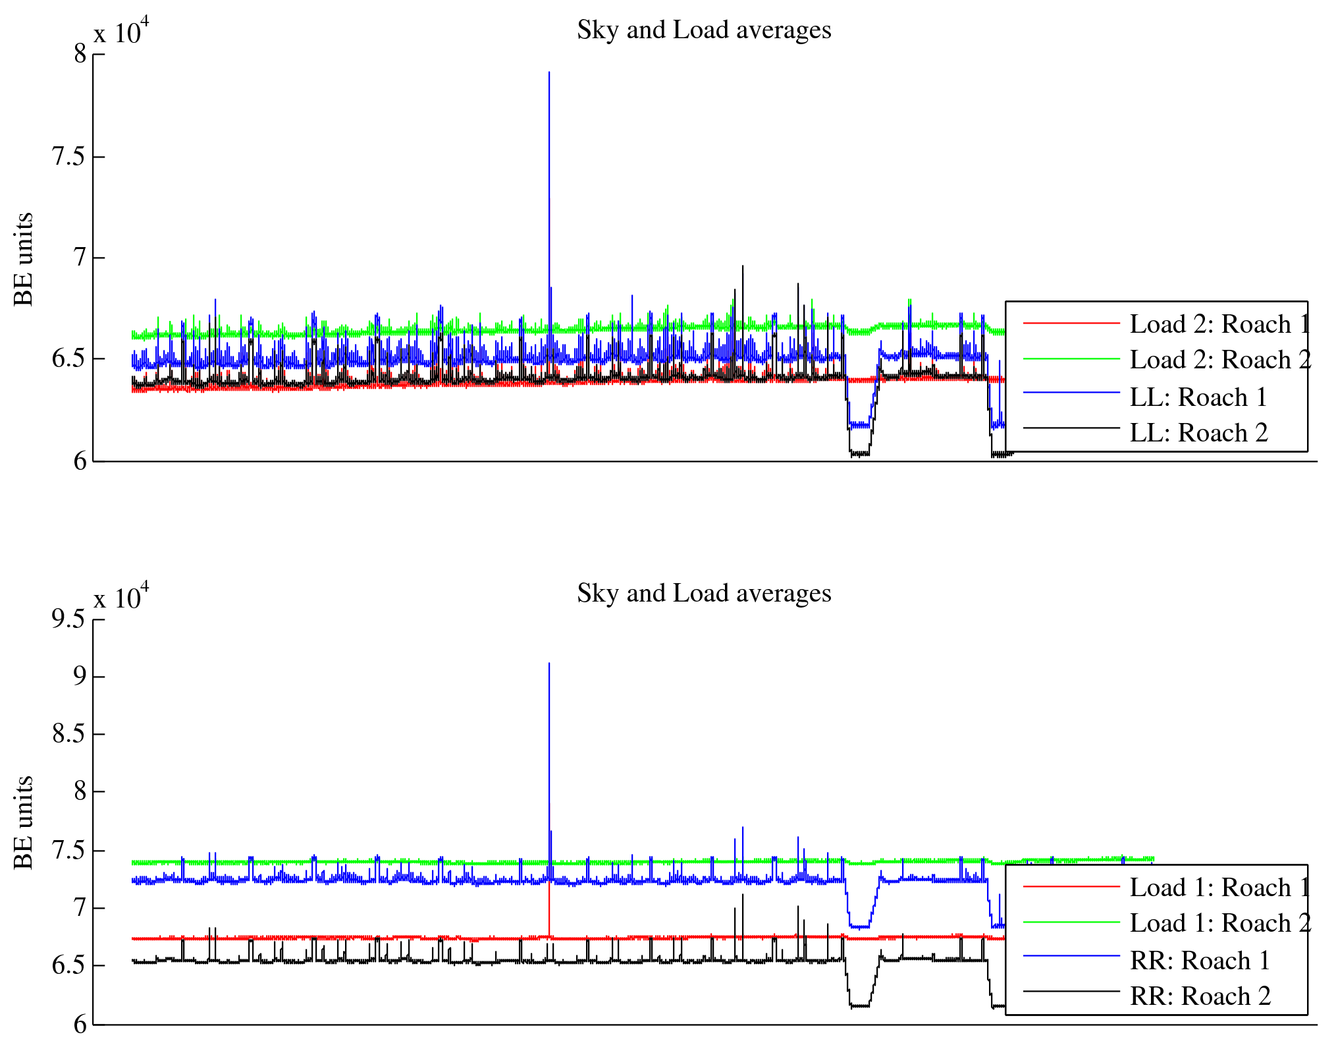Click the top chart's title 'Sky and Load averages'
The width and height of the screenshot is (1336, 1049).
pos(704,30)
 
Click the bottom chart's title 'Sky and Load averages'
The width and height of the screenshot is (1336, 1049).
pos(704,594)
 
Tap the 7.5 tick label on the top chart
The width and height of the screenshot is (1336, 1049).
pos(68,157)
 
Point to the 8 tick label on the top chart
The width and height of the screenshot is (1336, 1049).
pos(80,54)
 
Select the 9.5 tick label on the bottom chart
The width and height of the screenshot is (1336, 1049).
pos(68,619)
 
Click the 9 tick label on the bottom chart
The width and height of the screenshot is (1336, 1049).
pos(80,676)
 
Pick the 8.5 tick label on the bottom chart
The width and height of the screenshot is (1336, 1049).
pos(68,733)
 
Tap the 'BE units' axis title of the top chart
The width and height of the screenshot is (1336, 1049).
pos(24,259)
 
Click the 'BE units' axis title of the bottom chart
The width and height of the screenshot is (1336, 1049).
pos(24,822)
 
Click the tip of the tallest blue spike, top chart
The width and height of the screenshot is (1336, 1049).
pos(549,72)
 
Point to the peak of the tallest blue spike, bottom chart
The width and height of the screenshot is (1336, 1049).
pos(549,664)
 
